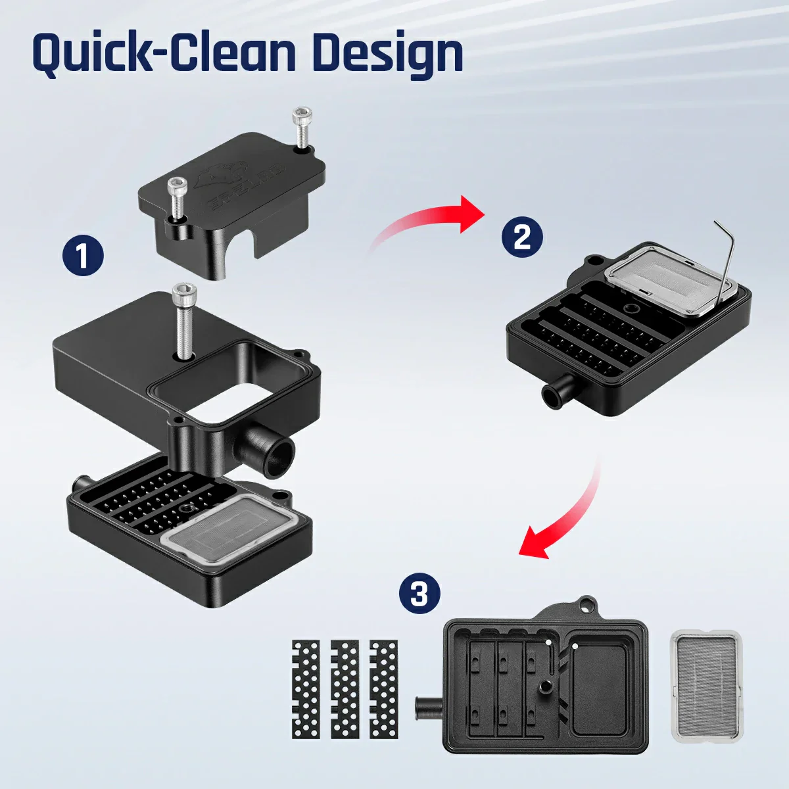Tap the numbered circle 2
(x=521, y=236)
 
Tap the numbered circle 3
(x=419, y=594)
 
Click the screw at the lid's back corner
(x=302, y=128)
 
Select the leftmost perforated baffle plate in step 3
(x=304, y=688)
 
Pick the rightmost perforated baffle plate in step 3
(x=385, y=688)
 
